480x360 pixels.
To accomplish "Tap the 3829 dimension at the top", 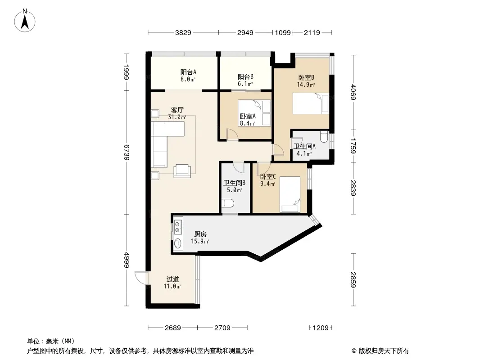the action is (183, 32).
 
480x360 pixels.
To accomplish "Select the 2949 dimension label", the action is (245, 32).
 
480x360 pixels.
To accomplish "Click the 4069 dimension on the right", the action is (353, 92).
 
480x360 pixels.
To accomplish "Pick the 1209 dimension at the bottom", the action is (321, 328).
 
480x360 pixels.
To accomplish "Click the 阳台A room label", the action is (188, 72).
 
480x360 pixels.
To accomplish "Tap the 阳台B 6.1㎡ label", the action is (245, 80).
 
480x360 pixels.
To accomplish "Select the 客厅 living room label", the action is (177, 110).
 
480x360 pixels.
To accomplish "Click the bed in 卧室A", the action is (254, 113).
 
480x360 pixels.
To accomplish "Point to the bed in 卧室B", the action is (311, 103).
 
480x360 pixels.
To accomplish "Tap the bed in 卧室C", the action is (290, 194).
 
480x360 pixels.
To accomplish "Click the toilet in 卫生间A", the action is (324, 136).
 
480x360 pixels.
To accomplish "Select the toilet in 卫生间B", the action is (228, 203).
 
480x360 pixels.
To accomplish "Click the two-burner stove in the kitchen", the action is (177, 227).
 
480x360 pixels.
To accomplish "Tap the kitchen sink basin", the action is (177, 243).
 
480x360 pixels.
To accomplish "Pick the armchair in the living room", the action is (182, 171).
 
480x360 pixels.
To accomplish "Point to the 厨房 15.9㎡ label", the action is (200, 238).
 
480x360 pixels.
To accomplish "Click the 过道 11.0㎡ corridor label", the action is (172, 283).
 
